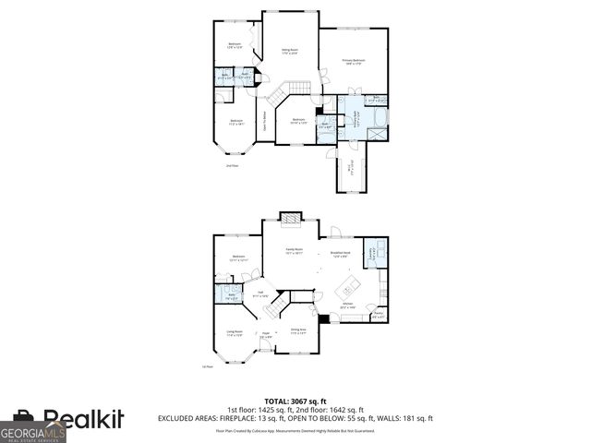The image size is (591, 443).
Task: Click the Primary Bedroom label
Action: pos(354,61)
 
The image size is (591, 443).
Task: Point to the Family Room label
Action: pos(294,249)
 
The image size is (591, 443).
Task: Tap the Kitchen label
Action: pos(348,304)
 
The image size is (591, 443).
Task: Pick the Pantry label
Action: pos(379,316)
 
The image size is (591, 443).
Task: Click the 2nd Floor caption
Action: pos(233,166)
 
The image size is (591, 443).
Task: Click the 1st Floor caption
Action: pos(207,366)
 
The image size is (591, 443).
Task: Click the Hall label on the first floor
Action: pos(261,293)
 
